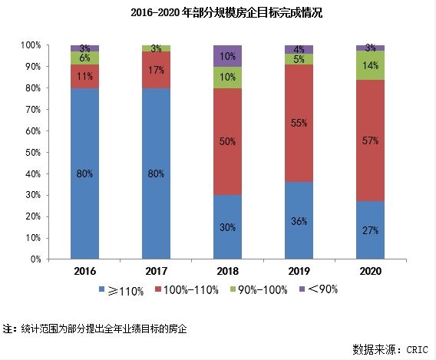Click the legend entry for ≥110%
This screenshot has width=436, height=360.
123,289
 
